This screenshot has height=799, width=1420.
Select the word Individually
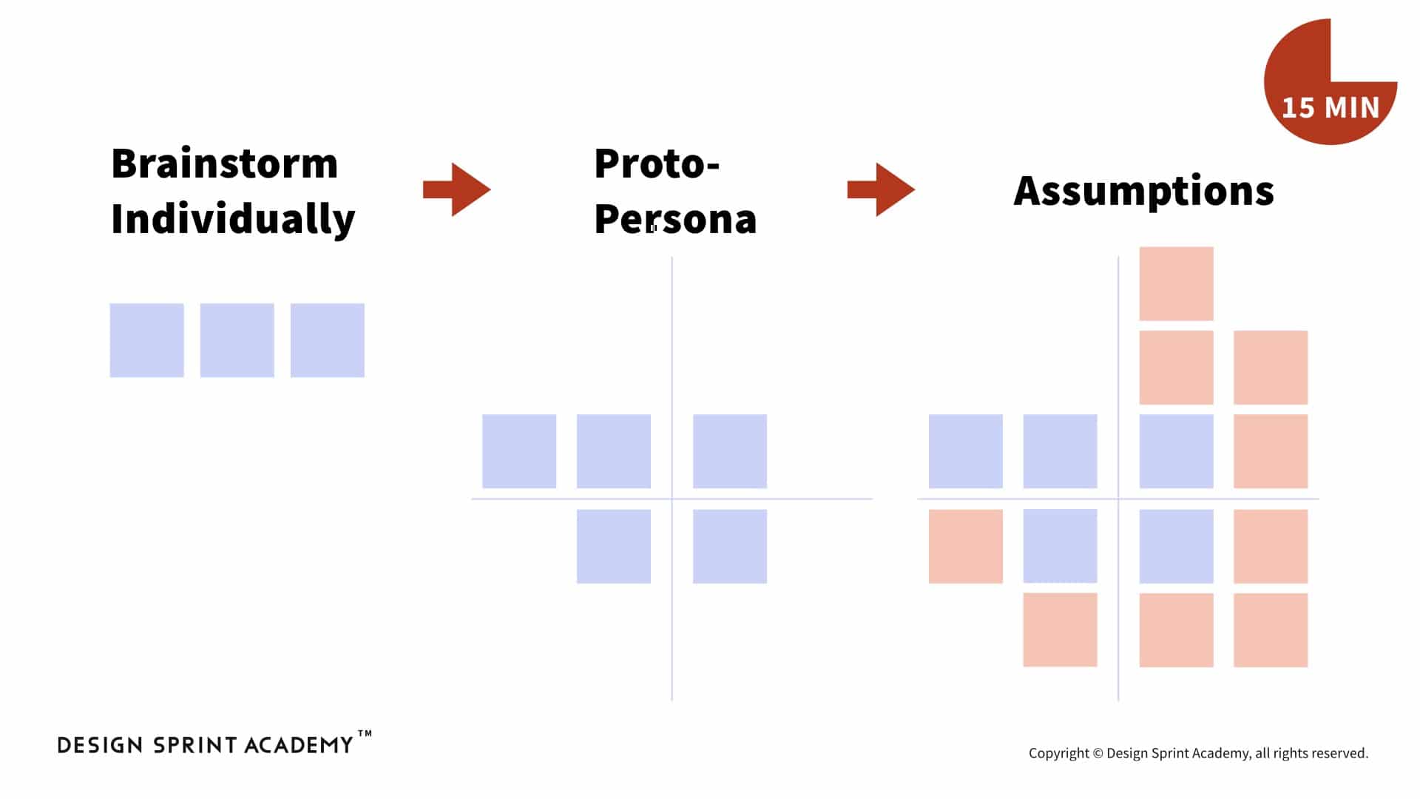233,220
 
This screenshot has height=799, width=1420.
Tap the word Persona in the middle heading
675,219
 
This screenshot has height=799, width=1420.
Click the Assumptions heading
1143,192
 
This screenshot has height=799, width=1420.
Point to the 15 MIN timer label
1331,108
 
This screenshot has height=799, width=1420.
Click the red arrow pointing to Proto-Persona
457,189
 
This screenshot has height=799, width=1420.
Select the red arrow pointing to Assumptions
881,189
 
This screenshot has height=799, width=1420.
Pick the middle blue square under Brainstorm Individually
237,340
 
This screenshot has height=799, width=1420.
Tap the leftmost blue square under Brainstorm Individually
147,340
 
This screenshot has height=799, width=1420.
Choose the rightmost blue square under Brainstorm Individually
328,340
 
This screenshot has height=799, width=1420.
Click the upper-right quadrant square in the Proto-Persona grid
730,451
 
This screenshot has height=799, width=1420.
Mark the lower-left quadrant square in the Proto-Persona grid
614,547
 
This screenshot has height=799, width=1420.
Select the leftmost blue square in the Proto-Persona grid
519,451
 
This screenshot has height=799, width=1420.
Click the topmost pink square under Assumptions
1177,283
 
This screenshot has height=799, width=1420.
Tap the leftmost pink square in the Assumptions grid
966,547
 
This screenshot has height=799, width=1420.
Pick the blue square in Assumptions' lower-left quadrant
1061,547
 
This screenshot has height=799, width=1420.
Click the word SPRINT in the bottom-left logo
195,745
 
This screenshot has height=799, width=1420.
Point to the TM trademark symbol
365,734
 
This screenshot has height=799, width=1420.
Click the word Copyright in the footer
1059,753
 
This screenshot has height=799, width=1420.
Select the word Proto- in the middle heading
657,163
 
